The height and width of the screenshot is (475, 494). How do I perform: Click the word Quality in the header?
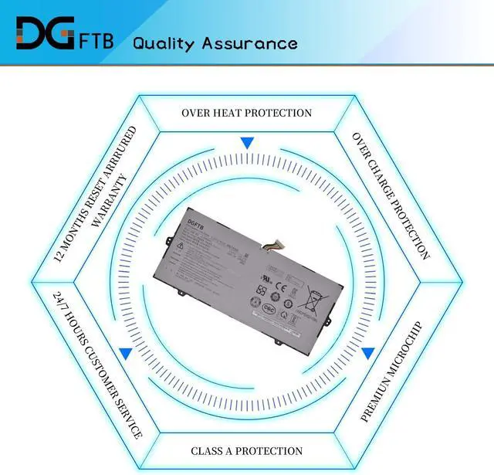pyautogui.click(x=163, y=42)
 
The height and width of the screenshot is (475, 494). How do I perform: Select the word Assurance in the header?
pyautogui.click(x=249, y=42)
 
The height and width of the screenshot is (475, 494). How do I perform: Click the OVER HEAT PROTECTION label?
pyautogui.click(x=246, y=113)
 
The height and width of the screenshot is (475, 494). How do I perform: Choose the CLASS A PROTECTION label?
pyautogui.click(x=246, y=450)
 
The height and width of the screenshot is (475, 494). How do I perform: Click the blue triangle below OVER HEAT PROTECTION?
pyautogui.click(x=246, y=143)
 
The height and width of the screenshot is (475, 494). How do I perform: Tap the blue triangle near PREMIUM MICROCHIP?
pyautogui.click(x=368, y=353)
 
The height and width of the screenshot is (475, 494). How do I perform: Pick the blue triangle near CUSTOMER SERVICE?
pyautogui.click(x=124, y=353)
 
